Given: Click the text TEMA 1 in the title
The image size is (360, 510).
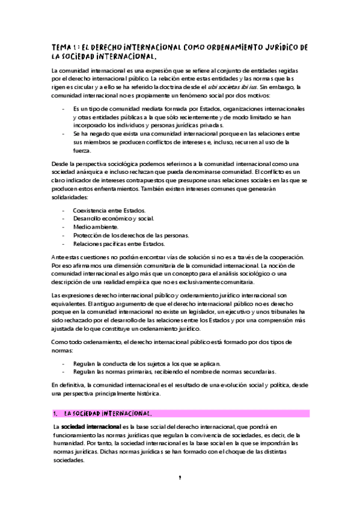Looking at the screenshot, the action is (64, 48).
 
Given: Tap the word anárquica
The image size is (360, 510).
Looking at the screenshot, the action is (88, 173).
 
